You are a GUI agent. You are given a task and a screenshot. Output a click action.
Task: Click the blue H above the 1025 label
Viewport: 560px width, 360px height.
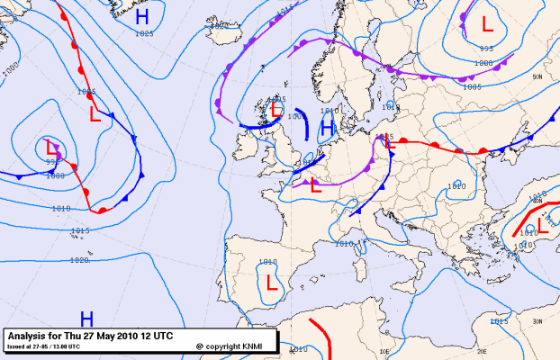142,16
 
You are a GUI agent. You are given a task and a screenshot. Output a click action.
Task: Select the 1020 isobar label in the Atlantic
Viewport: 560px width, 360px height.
78,260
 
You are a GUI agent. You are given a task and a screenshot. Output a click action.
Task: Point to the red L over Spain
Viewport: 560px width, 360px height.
272,283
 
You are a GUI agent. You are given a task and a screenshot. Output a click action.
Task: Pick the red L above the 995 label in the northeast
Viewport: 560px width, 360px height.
486,23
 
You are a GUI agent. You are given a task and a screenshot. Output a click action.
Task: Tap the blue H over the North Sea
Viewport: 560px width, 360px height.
328,123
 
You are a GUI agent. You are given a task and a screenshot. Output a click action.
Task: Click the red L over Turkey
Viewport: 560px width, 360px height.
543,224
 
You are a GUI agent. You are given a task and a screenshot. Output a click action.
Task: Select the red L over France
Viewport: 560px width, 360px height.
315,186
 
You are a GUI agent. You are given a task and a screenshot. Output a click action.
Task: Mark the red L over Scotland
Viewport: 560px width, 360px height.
275,110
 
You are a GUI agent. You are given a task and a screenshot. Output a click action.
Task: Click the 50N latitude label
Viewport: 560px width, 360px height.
537,77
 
